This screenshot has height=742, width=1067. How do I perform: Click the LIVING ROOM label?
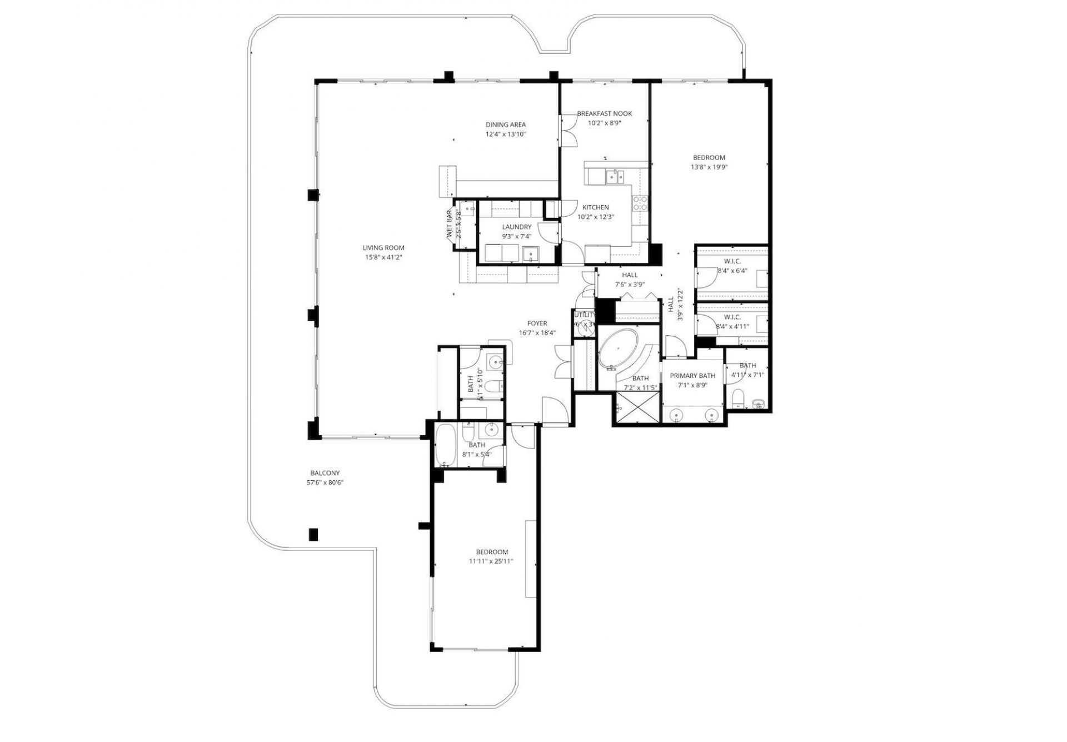tap(383, 248)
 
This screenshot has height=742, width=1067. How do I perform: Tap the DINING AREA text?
tap(505, 125)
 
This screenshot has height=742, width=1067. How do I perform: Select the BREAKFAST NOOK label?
tap(604, 113)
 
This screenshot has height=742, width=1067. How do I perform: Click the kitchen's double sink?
tap(614, 177)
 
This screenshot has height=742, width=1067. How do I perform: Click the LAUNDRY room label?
tap(516, 227)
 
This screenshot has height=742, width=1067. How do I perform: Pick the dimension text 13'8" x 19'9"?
tap(709, 167)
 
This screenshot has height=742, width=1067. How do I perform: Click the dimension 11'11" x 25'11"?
tap(491, 561)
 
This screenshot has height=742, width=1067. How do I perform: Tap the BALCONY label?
tap(325, 473)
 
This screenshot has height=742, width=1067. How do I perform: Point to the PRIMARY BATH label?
tap(692, 376)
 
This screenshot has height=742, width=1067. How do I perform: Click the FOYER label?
tap(537, 323)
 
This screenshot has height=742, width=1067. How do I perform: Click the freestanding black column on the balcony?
tap(313, 534)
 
